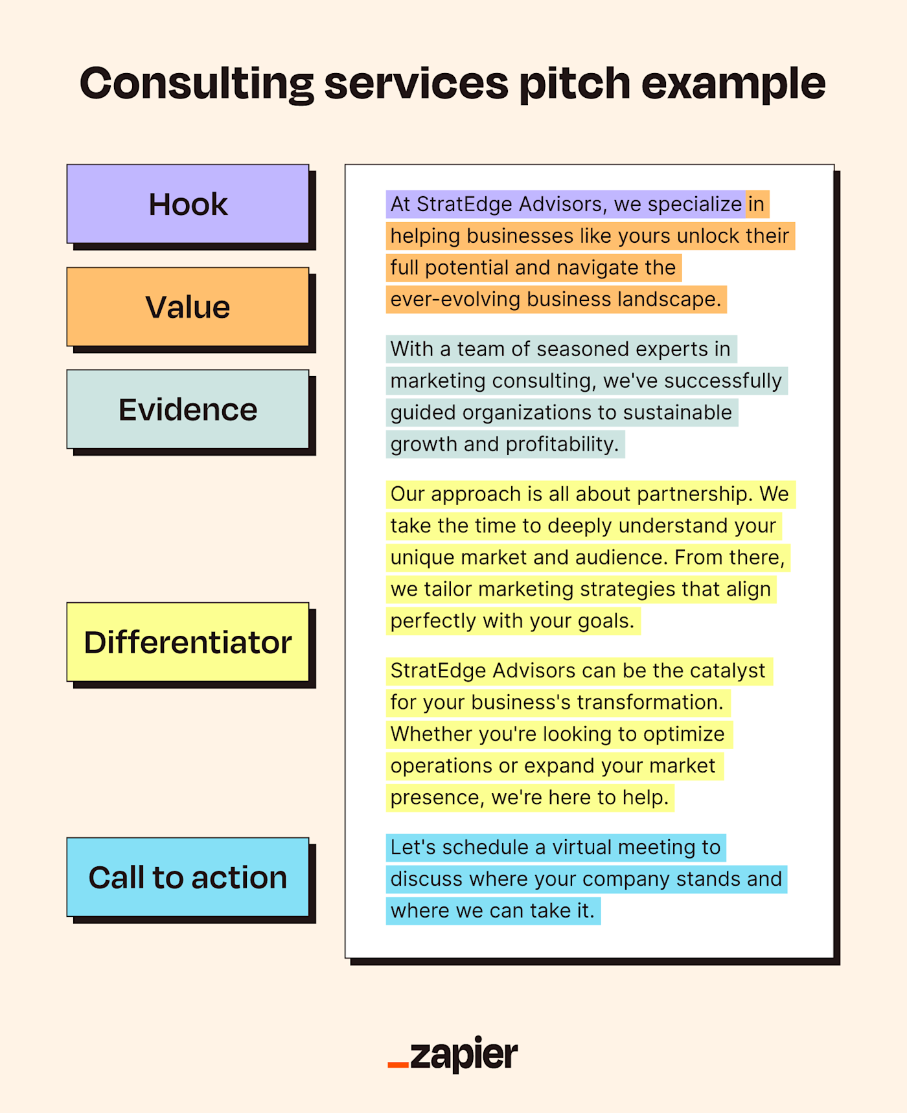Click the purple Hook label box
coord(188,205)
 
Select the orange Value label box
coord(188,307)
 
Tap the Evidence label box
coord(188,410)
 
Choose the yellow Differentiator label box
coord(188,642)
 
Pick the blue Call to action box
coord(188,877)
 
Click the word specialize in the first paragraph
coord(695,205)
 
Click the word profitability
coord(562,445)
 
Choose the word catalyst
coord(728,671)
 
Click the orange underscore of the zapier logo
coord(398,1065)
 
